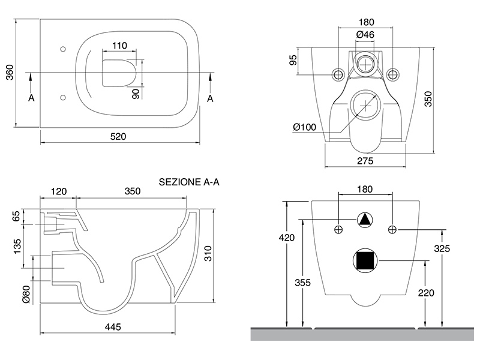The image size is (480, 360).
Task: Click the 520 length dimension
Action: [x=118, y=136]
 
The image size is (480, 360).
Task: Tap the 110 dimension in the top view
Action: [x=119, y=46]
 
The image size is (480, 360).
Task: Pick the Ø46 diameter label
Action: [x=365, y=35]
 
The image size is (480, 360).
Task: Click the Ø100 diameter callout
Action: [x=305, y=127]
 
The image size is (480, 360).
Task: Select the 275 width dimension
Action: [x=365, y=160]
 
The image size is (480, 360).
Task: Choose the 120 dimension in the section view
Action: [x=58, y=191]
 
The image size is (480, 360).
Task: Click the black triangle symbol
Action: [x=365, y=220]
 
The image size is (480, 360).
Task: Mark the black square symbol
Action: [x=365, y=260]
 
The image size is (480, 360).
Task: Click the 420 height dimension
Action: [x=287, y=238]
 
